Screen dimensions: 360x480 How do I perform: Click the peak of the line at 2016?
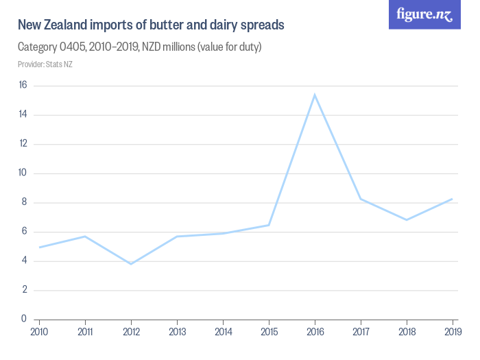314,95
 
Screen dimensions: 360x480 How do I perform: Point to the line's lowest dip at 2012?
130,264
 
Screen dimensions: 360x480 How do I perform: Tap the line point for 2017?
361,199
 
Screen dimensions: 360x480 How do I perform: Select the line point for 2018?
407,219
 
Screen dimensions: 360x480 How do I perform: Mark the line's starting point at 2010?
39,247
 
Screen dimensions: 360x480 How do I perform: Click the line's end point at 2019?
453,199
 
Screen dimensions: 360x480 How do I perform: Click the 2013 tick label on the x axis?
177,333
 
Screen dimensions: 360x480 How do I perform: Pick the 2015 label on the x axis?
269,333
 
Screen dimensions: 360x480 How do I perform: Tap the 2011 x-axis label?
85,333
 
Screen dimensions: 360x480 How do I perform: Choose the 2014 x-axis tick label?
223,333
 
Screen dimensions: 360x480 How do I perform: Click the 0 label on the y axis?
24,319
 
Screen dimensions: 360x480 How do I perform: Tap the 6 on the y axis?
24,231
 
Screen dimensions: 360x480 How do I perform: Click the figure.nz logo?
424,14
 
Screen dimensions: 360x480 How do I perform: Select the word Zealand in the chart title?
65,25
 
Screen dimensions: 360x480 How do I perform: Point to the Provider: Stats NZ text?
45,64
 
